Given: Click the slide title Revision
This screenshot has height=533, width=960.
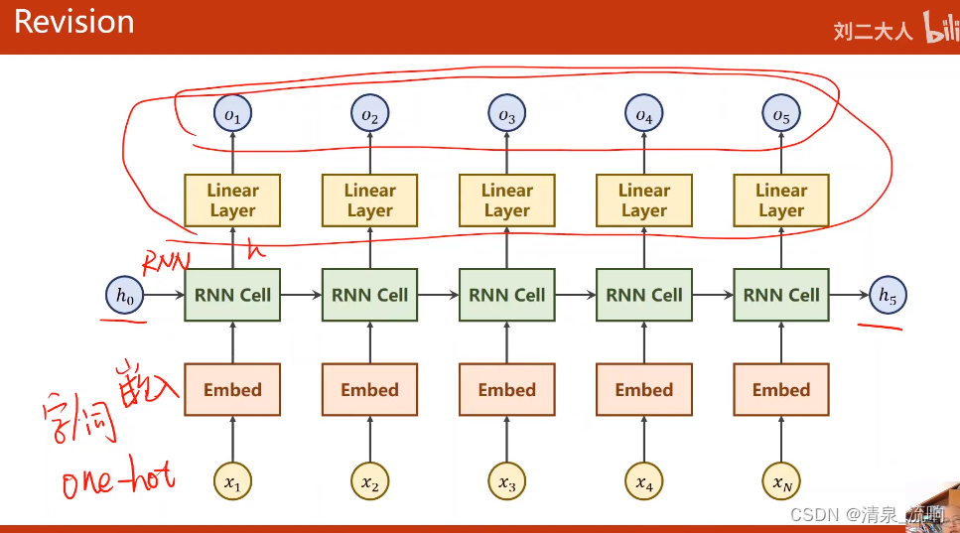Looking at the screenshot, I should tap(73, 22).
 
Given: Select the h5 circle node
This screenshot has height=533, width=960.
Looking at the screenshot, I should tap(887, 295).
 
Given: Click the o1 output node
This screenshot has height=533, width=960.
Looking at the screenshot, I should tap(232, 116).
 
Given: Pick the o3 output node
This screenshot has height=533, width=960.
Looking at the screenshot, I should tap(506, 116).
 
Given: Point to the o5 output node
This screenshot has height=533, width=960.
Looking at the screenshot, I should tap(781, 116).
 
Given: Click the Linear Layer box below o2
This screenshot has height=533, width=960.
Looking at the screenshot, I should tap(369, 200).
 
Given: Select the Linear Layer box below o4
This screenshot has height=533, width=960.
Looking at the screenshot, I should tap(644, 200).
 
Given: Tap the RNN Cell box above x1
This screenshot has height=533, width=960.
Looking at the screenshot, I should tap(232, 295).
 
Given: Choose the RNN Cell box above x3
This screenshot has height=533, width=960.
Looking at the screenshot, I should tap(506, 295).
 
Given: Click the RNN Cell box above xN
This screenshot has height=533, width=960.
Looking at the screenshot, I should tap(781, 295).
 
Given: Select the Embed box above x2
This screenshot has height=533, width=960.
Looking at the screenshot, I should tap(369, 390).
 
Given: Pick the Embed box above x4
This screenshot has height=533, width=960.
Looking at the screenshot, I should tap(644, 390).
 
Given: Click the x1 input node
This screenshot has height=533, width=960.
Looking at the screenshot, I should tap(232, 483).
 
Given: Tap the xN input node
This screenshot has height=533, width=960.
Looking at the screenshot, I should tap(781, 483).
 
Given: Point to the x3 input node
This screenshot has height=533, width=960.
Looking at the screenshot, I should tap(506, 483).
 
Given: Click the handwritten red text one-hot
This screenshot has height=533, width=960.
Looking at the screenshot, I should tap(117, 481).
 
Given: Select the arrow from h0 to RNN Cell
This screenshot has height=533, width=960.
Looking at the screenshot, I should tap(164, 295).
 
